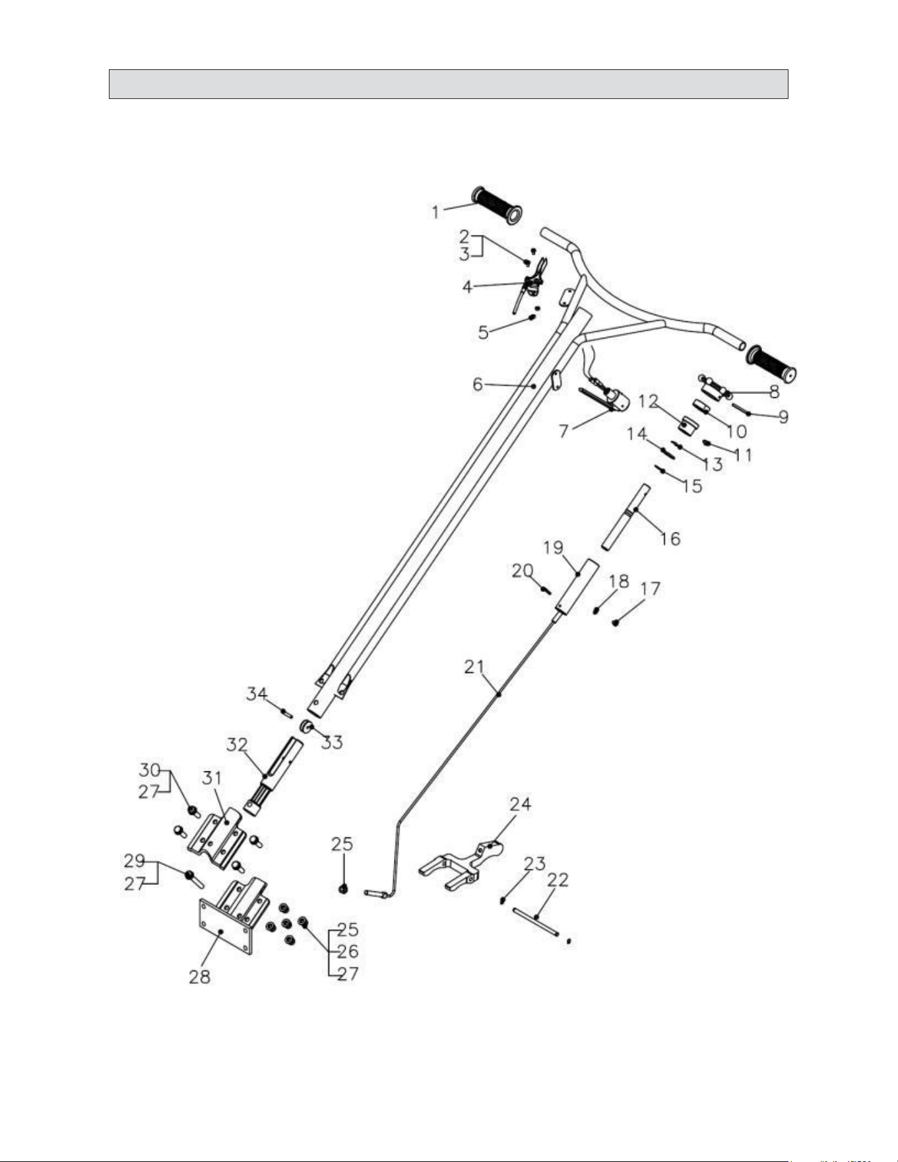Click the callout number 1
coord(435,212)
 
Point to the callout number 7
coord(564,431)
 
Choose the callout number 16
coord(670,538)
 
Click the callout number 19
coord(554,547)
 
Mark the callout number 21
coord(474,666)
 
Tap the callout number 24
coord(520,804)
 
